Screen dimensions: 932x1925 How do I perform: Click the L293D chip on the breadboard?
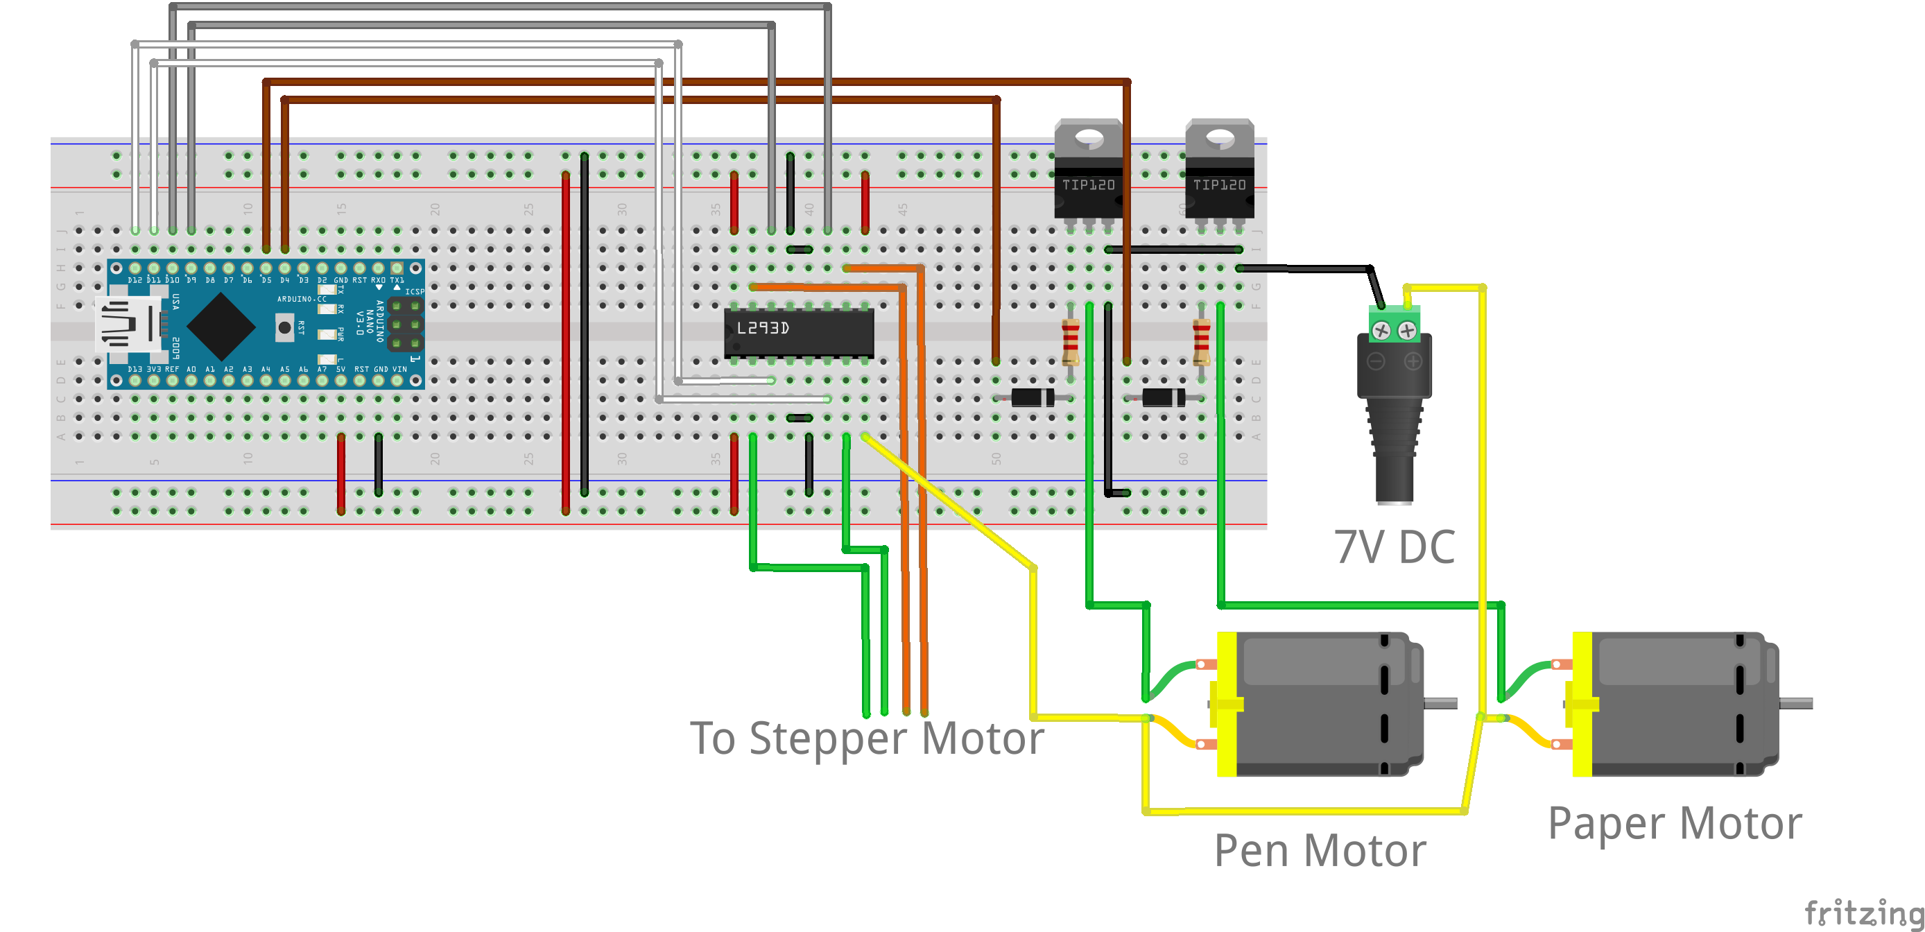[798, 332]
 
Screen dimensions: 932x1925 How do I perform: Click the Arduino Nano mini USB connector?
[127, 325]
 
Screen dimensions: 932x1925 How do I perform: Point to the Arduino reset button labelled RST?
[284, 327]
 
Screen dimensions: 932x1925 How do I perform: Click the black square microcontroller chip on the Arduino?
[221, 327]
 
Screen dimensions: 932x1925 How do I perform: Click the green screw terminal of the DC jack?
[1395, 326]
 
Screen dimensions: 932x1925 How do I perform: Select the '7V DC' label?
[1395, 547]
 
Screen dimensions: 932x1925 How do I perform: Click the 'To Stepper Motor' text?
[866, 739]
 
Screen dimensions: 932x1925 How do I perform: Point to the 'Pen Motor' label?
[1320, 851]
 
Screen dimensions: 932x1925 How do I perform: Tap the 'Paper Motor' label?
[1675, 824]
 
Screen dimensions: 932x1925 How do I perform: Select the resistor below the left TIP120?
[1070, 340]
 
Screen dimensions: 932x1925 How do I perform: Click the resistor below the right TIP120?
[1201, 340]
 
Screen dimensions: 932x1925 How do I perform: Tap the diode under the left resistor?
[1033, 397]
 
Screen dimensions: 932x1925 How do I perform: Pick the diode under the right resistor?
[1164, 397]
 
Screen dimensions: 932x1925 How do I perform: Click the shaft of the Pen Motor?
[1440, 703]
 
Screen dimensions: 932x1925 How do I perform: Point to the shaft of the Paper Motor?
[1796, 703]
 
